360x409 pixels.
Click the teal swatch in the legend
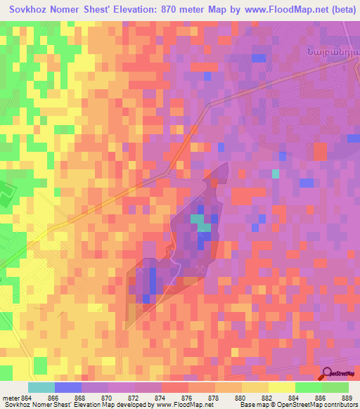pyautogui.click(x=41, y=387)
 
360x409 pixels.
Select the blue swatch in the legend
pyautogui.click(x=68, y=387)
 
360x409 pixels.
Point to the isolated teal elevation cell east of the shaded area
pyautogui.click(x=276, y=174)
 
